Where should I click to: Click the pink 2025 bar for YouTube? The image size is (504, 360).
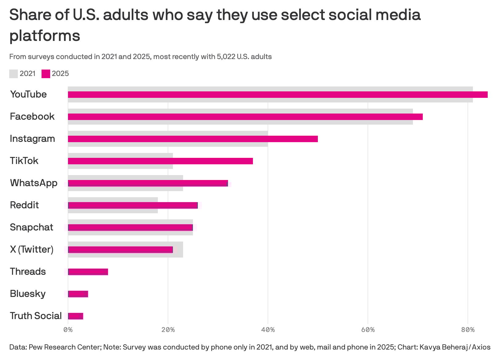277,94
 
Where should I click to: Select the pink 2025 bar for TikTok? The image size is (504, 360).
160,161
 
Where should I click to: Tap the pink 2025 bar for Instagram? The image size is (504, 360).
193,139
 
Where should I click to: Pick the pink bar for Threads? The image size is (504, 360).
88,272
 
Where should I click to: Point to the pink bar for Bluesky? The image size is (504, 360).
78,294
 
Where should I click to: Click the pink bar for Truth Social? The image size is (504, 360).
76,316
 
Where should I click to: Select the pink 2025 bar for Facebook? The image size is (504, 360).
245,117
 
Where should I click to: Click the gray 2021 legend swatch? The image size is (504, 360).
14,74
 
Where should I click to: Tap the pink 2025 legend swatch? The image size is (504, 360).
46,74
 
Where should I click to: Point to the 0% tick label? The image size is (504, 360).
68,330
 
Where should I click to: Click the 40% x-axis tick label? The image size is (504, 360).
268,330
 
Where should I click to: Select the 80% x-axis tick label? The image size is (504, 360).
468,330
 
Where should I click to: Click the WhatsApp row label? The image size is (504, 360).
34,183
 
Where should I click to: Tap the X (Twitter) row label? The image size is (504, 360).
32,249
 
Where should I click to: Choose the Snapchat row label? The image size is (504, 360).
31,227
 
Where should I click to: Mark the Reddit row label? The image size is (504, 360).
24,205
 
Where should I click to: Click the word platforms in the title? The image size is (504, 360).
45,36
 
